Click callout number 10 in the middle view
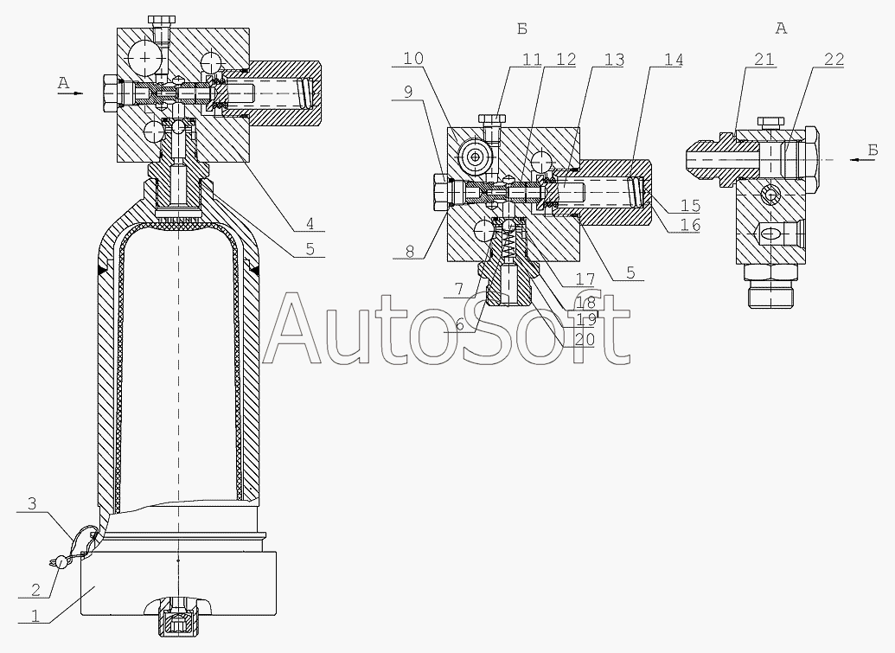(x=414, y=59)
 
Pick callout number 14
(x=672, y=59)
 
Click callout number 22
(x=833, y=59)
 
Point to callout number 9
(x=408, y=91)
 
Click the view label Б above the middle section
(x=521, y=29)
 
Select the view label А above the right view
(x=781, y=29)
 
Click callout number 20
(x=584, y=340)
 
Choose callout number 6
(x=459, y=327)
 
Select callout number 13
(x=614, y=59)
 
